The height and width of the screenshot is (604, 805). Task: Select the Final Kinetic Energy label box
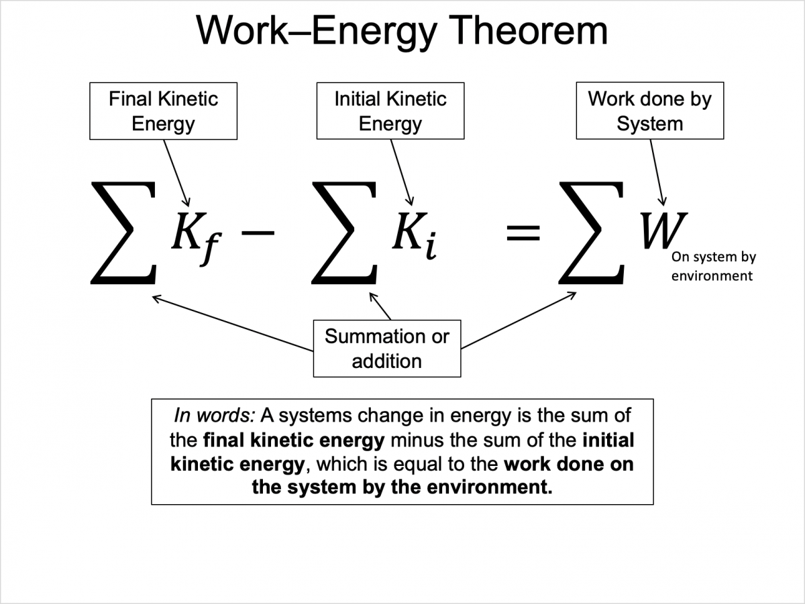pyautogui.click(x=163, y=111)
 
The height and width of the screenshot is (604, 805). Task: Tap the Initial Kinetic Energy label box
pyautogui.click(x=390, y=111)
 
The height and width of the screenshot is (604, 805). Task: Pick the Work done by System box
pyautogui.click(x=650, y=111)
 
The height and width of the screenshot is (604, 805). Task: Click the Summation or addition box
pyautogui.click(x=387, y=349)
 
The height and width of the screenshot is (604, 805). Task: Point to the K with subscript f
pyautogui.click(x=196, y=237)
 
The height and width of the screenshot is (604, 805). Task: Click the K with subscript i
pyautogui.click(x=415, y=235)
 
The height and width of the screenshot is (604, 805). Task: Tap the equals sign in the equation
pyautogui.click(x=523, y=233)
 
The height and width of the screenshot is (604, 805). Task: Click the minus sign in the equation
pyautogui.click(x=258, y=233)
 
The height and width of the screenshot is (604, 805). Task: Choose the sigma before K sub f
pyautogui.click(x=123, y=233)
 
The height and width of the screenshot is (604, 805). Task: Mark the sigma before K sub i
pyautogui.click(x=344, y=233)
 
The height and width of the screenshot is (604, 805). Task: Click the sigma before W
pyautogui.click(x=591, y=233)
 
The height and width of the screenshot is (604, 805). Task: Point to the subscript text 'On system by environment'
pyautogui.click(x=713, y=266)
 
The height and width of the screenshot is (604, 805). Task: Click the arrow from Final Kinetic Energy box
pyautogui.click(x=176, y=173)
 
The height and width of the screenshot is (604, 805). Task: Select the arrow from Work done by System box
pyautogui.click(x=657, y=173)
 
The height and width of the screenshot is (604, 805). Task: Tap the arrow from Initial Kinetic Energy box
pyautogui.click(x=401, y=173)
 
